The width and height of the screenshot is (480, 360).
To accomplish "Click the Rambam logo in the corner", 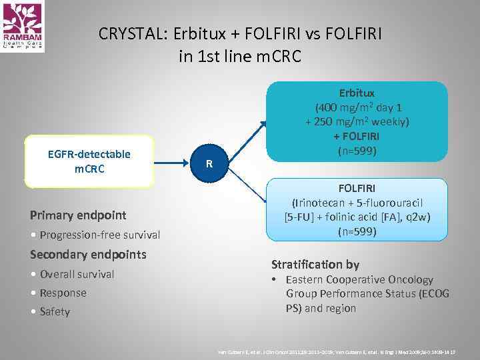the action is click(23, 27).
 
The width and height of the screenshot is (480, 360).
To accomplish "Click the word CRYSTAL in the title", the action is click(130, 33).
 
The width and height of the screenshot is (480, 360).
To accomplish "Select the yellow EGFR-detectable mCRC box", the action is click(89, 161).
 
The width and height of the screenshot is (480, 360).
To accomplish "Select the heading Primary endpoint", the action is click(78, 215).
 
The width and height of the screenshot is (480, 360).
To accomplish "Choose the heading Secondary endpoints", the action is click(88, 255).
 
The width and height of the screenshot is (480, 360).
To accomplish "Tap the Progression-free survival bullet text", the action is click(100, 235).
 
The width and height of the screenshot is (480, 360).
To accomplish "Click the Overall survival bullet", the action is click(77, 274).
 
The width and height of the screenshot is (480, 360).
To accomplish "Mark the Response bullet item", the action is click(63, 293).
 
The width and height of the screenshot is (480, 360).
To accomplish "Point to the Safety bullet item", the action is click(55, 311).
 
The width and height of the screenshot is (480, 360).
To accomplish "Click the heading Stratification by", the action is click(315, 265).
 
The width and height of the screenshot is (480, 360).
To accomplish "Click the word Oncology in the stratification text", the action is click(410, 280).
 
